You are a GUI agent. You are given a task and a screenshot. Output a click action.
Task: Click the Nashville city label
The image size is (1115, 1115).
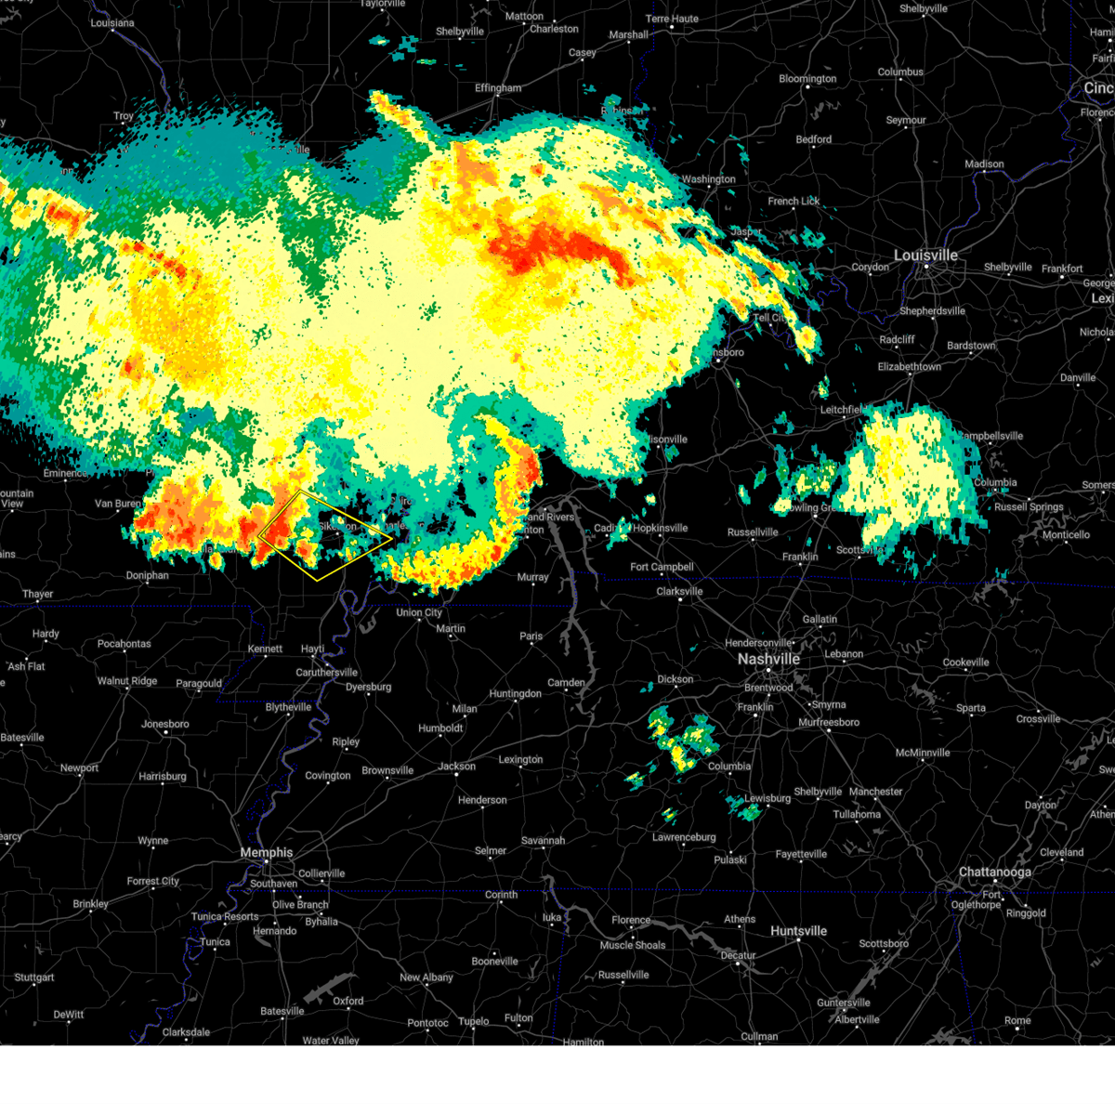point(768,659)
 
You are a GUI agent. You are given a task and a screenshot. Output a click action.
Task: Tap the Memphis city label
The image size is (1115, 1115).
point(267,852)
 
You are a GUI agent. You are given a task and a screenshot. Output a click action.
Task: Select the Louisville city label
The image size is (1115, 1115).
point(925,256)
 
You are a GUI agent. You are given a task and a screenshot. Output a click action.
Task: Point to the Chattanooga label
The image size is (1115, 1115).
point(994,872)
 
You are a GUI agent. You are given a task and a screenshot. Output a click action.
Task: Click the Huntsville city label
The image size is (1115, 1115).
point(798,931)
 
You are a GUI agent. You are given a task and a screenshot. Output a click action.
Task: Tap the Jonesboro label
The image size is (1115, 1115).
point(165,724)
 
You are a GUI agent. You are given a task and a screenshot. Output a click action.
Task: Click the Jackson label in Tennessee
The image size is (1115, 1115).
point(457,767)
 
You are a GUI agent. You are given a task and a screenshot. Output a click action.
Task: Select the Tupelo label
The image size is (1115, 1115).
point(474,1021)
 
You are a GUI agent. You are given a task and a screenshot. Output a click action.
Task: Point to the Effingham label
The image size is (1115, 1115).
point(498,88)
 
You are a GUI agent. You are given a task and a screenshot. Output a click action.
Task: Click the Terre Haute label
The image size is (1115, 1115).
point(672,19)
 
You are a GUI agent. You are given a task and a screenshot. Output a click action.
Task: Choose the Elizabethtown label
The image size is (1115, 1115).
point(909,367)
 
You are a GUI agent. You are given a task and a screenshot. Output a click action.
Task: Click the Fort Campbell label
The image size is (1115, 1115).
point(662,567)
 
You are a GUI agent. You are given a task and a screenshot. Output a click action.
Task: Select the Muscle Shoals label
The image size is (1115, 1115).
point(633,945)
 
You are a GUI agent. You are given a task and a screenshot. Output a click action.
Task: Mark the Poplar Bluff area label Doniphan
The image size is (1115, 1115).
point(148,575)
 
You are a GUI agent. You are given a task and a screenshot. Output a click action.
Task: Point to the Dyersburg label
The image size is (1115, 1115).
point(368,688)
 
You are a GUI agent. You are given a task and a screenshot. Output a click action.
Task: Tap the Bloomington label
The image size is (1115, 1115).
point(807,79)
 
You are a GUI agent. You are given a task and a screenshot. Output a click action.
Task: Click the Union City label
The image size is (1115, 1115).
point(419,612)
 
